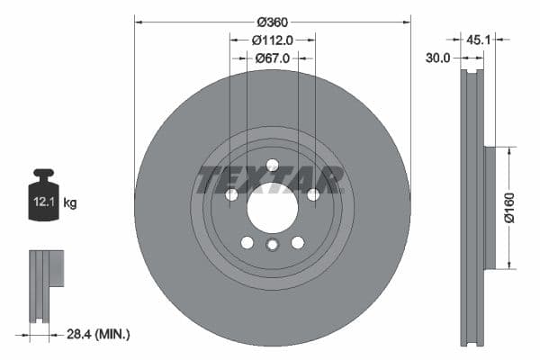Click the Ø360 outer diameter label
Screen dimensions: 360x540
click(x=272, y=20)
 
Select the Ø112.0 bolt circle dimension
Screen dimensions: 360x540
click(x=272, y=40)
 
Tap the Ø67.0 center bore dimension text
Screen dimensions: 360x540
click(x=272, y=58)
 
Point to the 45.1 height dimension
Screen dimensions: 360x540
click(x=478, y=39)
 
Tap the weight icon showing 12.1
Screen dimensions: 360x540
click(x=44, y=193)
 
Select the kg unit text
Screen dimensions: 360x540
click(x=70, y=203)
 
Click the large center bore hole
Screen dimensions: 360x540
click(x=272, y=211)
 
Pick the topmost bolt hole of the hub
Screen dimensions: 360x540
click(x=272, y=164)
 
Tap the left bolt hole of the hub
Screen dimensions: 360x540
click(x=231, y=194)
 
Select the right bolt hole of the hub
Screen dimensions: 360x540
click(x=313, y=194)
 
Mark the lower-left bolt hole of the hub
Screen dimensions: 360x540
click(x=247, y=242)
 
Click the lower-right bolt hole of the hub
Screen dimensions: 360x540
click(x=298, y=242)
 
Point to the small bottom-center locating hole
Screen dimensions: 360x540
click(x=272, y=246)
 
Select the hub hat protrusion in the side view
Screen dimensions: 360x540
click(x=490, y=208)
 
